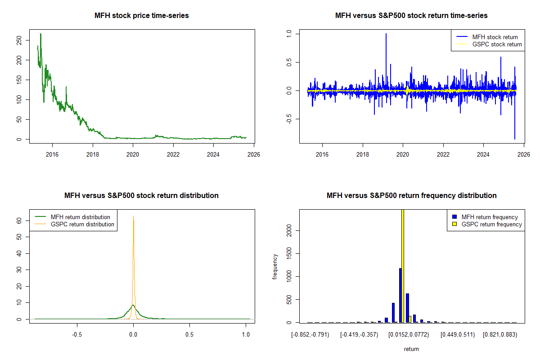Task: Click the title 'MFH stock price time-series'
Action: click(x=141, y=16)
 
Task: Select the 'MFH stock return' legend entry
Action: click(x=495, y=37)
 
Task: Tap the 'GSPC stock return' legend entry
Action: click(x=497, y=44)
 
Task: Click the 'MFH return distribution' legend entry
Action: click(x=80, y=217)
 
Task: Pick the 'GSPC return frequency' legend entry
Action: click(x=491, y=224)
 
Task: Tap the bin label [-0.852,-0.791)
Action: click(x=310, y=335)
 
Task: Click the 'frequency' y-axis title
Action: click(x=275, y=266)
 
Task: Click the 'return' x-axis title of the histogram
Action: click(x=411, y=349)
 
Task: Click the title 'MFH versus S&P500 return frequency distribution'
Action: click(x=411, y=196)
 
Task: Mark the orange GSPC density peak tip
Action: click(x=133, y=216)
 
